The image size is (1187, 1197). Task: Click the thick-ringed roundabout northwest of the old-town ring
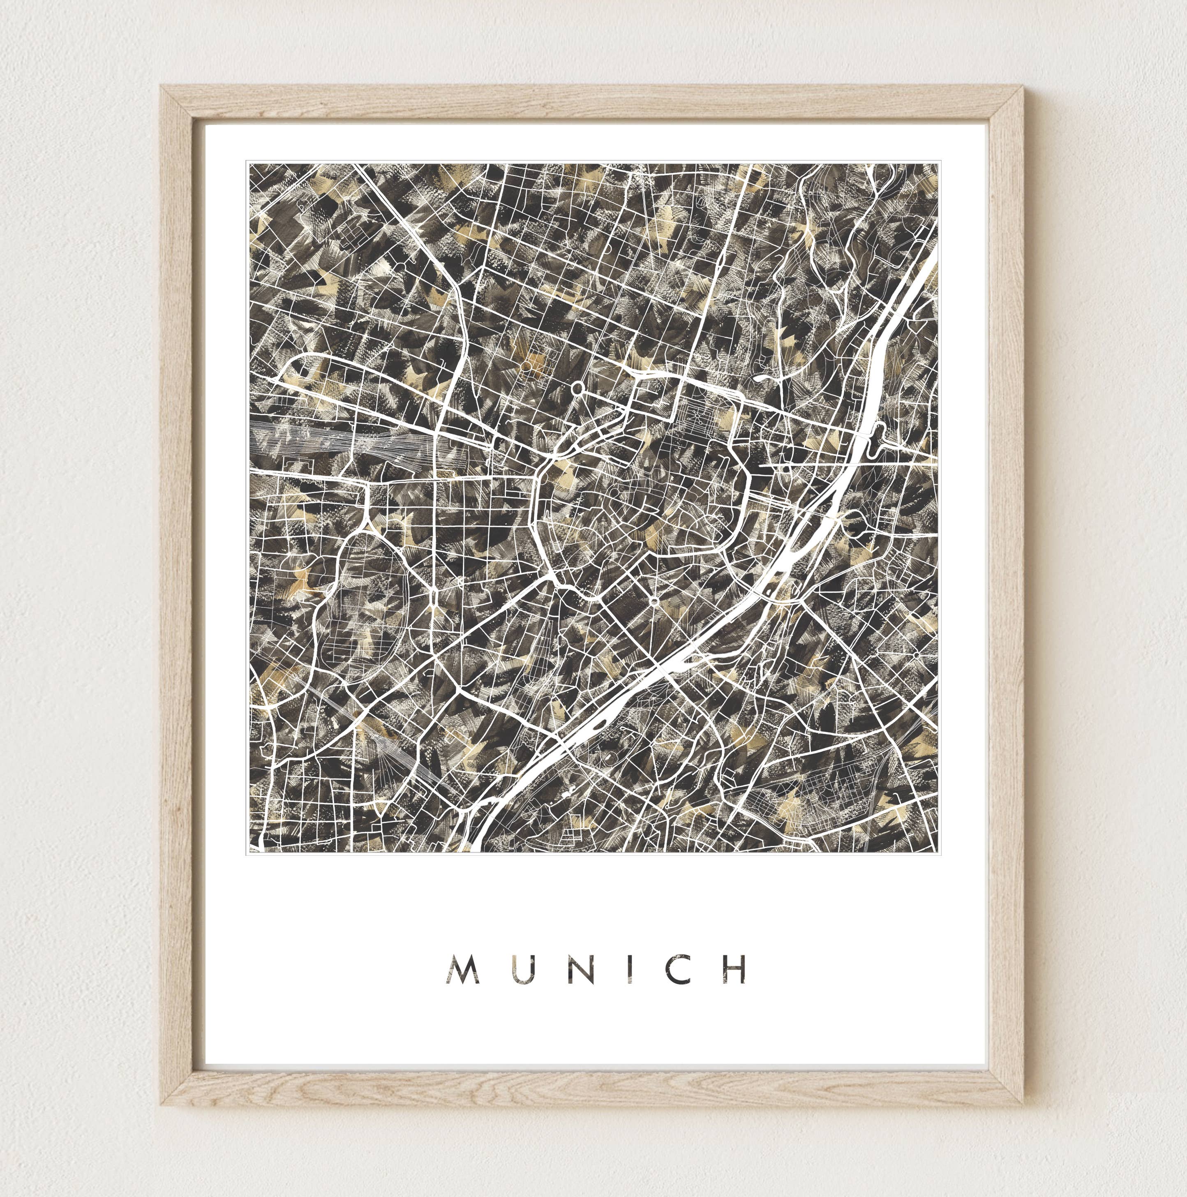[578, 388]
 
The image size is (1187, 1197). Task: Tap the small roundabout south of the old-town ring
[654, 601]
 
